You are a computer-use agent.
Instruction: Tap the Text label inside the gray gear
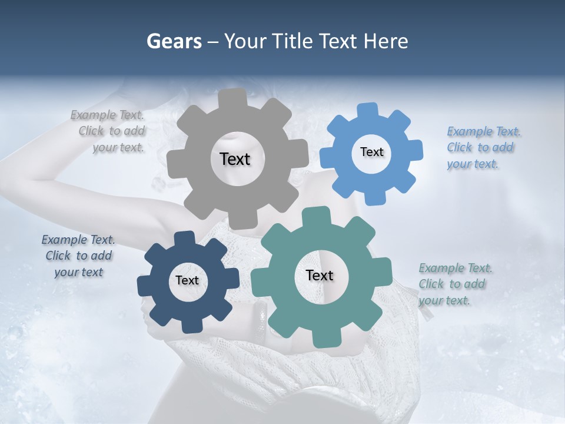235,159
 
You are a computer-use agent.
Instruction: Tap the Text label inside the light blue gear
371,152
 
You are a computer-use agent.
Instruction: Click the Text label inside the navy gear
187,281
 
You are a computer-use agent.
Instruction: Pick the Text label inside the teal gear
320,275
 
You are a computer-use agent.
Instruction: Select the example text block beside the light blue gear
483,147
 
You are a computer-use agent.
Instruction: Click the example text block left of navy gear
78,256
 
